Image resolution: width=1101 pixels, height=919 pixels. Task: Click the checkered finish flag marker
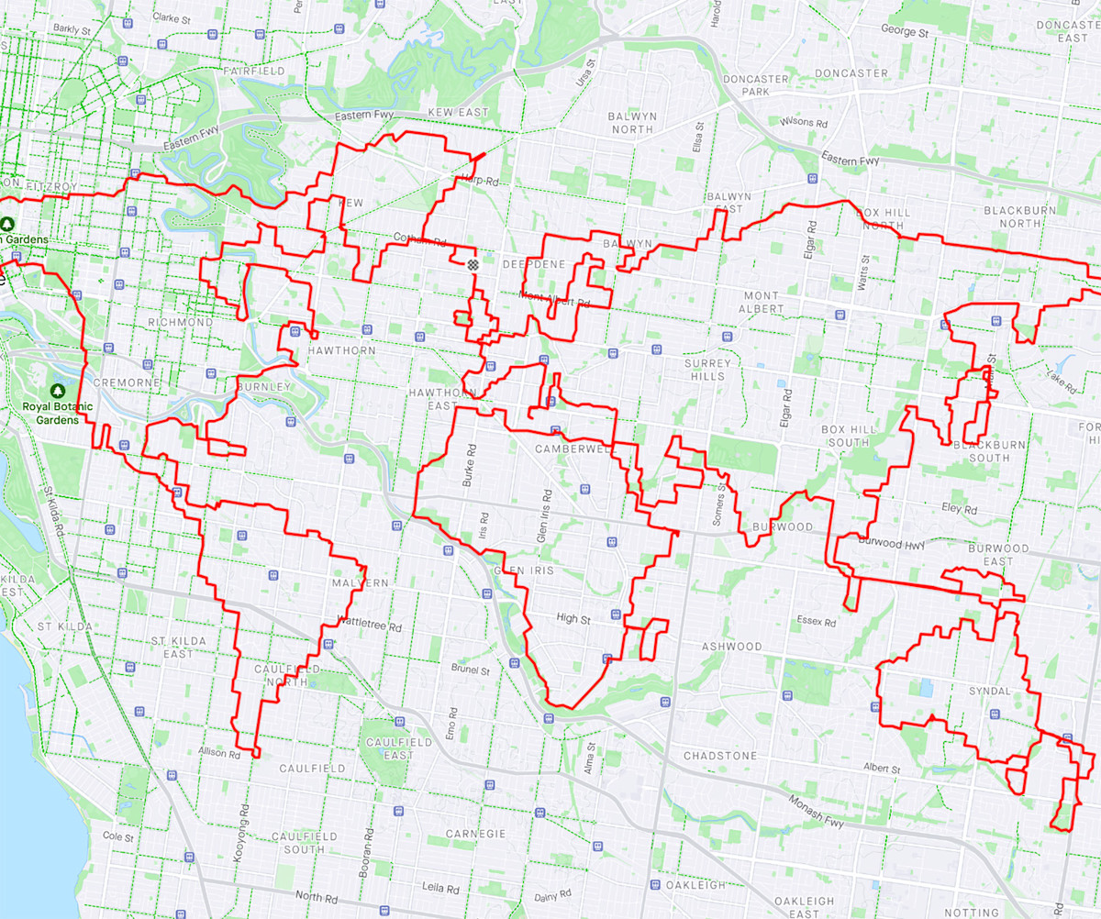click(x=473, y=263)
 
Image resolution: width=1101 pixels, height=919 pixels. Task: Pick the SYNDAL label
click(x=989, y=690)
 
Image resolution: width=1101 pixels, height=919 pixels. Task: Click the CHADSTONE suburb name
click(x=720, y=756)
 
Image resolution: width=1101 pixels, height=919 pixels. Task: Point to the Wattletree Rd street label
click(x=371, y=627)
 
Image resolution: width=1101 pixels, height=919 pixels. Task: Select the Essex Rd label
click(x=816, y=622)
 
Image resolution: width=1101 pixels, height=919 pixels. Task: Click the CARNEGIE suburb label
click(x=475, y=834)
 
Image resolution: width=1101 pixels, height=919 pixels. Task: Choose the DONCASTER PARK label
click(x=755, y=85)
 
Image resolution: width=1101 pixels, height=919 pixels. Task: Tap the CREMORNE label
click(x=128, y=382)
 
